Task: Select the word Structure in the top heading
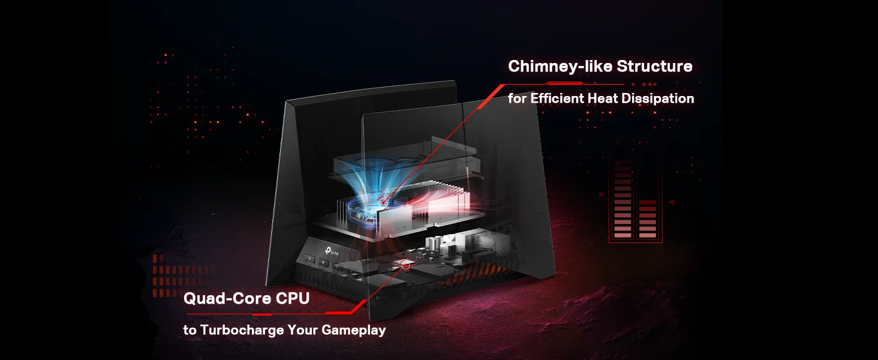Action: [x=654, y=66]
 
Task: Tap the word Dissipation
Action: [x=658, y=98]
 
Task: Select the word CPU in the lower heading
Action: [x=293, y=298]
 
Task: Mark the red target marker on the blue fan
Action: [x=383, y=202]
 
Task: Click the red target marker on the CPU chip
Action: [x=405, y=265]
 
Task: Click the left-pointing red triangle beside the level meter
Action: [x=672, y=202]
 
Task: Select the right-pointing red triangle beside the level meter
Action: [x=602, y=194]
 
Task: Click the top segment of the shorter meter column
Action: [x=648, y=202]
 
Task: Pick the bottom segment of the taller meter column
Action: [x=623, y=236]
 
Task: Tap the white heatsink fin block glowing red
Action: [x=447, y=204]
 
